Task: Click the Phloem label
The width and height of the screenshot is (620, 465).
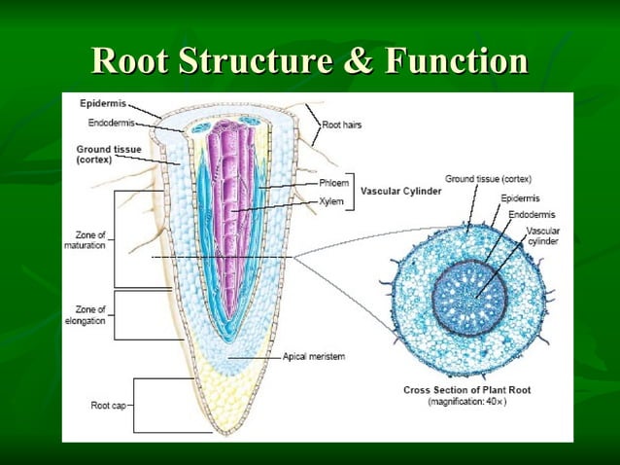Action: pos(332,183)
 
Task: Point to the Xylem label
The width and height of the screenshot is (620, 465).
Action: pos(330,200)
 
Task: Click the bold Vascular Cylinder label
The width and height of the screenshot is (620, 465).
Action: pos(401,192)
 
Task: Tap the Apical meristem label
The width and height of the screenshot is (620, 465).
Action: pos(313,356)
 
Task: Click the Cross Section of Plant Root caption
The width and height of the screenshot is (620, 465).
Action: pos(467,391)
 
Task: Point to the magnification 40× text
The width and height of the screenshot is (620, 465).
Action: pos(467,403)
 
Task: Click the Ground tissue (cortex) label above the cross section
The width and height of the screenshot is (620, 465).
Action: pos(488,179)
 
